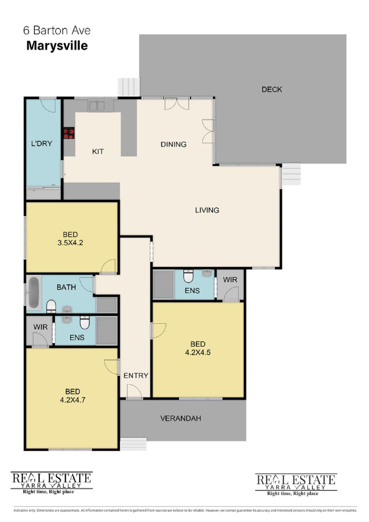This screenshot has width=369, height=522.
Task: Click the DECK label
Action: [x=272, y=89]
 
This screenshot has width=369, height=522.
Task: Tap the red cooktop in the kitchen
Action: [x=69, y=133]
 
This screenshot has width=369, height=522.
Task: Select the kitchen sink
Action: [x=97, y=106]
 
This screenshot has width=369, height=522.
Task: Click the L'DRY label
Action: [x=42, y=143]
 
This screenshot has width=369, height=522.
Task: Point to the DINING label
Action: [x=174, y=144]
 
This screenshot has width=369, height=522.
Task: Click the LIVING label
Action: [x=207, y=210]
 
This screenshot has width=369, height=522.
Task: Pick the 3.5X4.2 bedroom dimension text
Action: [x=70, y=243]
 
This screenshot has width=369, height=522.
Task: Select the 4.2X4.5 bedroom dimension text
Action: [x=198, y=352]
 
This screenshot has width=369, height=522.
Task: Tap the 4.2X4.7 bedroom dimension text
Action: [x=73, y=400]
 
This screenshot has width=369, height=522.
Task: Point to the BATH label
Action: [x=66, y=287]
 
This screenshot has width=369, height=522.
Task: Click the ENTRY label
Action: [x=136, y=375]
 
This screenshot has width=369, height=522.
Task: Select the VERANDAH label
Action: [x=181, y=418]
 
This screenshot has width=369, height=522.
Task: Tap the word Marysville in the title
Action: [x=57, y=46]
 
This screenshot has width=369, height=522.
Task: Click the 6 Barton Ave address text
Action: [x=57, y=30]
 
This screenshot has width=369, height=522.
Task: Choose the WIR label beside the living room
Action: [x=230, y=279]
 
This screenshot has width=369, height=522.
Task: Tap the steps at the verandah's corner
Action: [x=133, y=444]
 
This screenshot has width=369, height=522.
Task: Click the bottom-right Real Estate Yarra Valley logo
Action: [x=296, y=485]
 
